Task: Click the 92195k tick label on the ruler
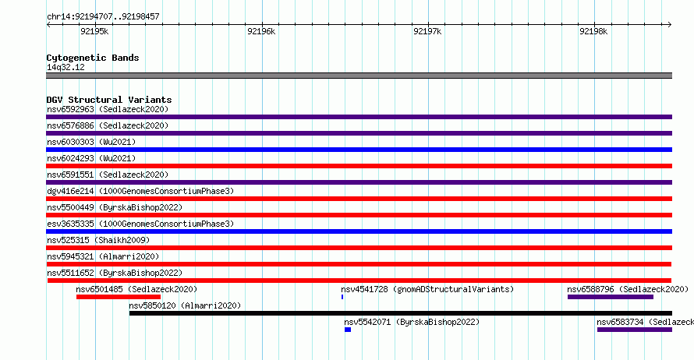[94, 31]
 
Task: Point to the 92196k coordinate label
[261, 31]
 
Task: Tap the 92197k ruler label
[427, 31]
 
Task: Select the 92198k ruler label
[593, 31]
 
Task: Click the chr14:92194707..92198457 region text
[103, 17]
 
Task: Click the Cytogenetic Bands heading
[93, 58]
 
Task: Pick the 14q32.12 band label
[66, 67]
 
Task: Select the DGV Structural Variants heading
[109, 100]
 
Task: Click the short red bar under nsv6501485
[119, 297]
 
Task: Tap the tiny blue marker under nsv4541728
[342, 297]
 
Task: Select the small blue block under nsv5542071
[348, 330]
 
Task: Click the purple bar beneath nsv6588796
[611, 297]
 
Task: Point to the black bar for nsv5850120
[401, 313]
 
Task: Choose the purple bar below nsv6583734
[635, 330]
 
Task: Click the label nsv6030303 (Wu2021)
[91, 142]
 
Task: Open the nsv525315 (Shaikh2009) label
[98, 240]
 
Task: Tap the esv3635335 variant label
[70, 224]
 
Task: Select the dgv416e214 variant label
[70, 191]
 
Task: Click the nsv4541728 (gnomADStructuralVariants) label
[427, 289]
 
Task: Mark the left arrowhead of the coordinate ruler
[48, 25]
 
